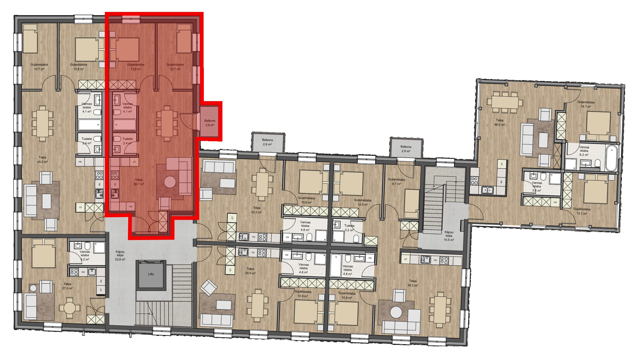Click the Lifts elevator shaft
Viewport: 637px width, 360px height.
coord(151,274)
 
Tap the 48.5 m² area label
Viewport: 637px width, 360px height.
coord(500,122)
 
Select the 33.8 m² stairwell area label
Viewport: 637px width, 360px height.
coord(120,256)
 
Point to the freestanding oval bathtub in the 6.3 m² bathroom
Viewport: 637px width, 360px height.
coord(612,158)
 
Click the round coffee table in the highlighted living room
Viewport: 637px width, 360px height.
coord(170,182)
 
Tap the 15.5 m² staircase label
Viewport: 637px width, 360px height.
coord(449,236)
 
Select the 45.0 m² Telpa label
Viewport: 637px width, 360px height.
coord(42,160)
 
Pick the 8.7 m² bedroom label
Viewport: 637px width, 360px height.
coord(397,182)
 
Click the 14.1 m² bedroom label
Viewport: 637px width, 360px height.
coord(586,104)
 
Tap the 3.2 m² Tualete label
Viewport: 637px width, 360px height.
coord(349,228)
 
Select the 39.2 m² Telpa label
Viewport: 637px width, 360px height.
coord(413,283)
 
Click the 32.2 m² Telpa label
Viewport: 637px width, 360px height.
coord(256,210)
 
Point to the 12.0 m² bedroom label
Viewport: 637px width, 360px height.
coord(363,202)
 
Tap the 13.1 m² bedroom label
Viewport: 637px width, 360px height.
coord(582,211)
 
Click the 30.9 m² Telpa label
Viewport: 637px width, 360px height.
coord(250,271)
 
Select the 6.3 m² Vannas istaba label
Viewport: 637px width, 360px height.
coord(584,151)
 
